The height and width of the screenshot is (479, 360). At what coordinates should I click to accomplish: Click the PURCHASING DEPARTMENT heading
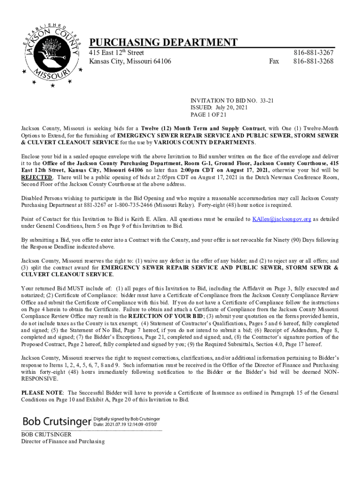click(163, 43)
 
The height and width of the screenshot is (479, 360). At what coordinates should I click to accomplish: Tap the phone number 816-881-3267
click(313, 53)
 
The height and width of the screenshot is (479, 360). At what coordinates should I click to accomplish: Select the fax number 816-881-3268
click(313, 61)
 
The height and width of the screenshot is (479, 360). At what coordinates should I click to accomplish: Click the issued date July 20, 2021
click(231, 108)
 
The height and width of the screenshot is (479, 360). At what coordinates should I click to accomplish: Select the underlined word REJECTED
click(37, 178)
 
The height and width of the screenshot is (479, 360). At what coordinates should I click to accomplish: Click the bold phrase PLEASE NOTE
click(43, 392)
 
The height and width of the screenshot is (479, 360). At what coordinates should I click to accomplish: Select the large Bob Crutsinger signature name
click(56, 421)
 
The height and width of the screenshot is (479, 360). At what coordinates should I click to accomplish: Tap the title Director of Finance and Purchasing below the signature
click(63, 442)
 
